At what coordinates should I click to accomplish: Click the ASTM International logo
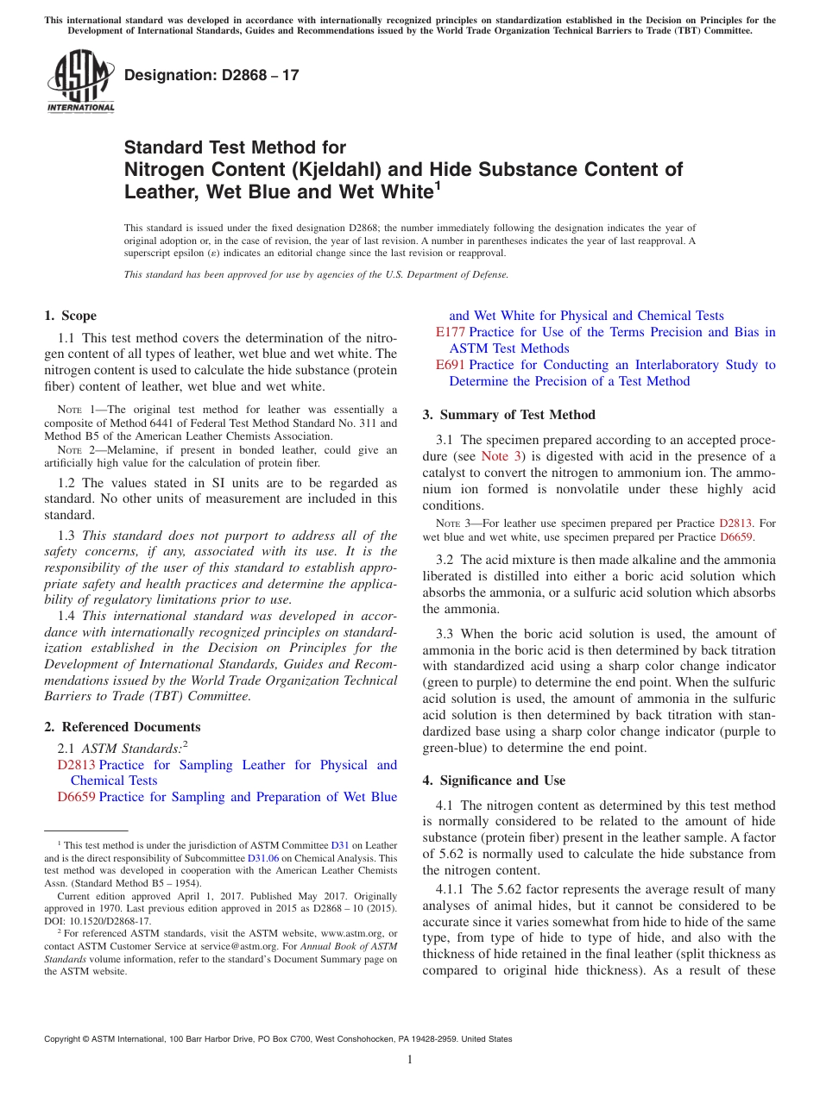pyautogui.click(x=79, y=82)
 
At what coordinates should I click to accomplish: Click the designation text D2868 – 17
pyautogui.click(x=211, y=75)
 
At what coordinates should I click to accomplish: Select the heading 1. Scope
pyautogui.click(x=70, y=316)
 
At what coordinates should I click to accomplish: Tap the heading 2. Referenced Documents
pyautogui.click(x=122, y=727)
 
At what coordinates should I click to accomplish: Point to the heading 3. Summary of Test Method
pyautogui.click(x=508, y=415)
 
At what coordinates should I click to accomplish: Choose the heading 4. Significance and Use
pyautogui.click(x=494, y=780)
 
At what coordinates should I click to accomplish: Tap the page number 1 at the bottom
pyautogui.click(x=410, y=1059)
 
